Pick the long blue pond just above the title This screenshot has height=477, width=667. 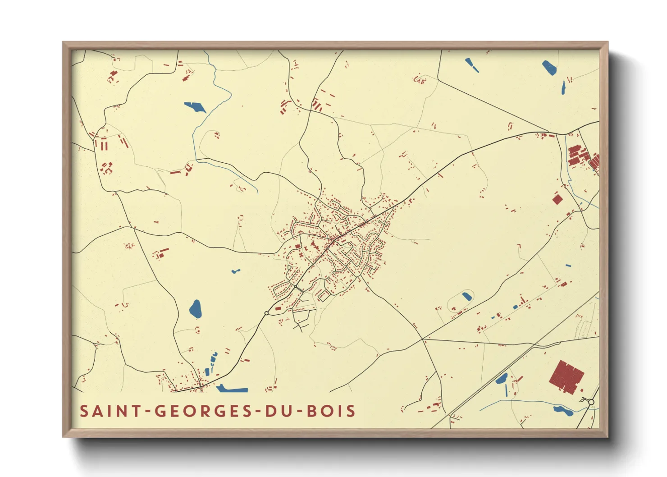pyautogui.click(x=232, y=388)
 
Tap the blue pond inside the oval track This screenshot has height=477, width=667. pyautogui.click(x=466, y=297)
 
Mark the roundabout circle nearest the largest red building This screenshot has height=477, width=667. pyautogui.click(x=591, y=402)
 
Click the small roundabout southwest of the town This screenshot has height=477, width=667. pyautogui.click(x=266, y=313)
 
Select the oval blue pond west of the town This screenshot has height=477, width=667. pyautogui.click(x=195, y=309)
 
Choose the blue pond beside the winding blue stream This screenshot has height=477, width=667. pyautogui.click(x=195, y=107)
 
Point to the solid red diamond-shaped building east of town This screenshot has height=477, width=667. pyautogui.click(x=558, y=199)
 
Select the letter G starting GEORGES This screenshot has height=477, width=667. pyautogui.click(x=160, y=411)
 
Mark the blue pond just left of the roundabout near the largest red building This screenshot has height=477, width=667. pyautogui.click(x=563, y=410)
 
